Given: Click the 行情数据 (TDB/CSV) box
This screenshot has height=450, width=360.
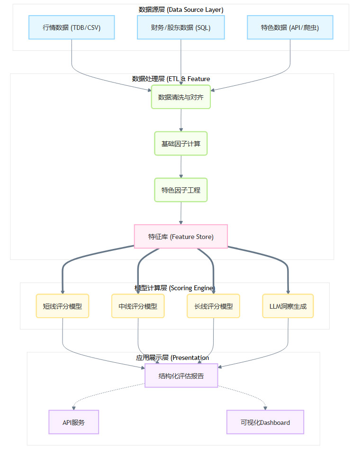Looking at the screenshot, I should (72, 28).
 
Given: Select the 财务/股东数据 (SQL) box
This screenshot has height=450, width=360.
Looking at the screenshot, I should (181, 28).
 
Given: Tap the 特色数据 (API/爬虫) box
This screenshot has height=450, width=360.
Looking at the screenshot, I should (290, 28).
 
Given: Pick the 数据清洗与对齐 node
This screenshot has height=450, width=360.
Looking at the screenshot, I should (181, 97).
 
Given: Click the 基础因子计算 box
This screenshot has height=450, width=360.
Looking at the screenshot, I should (181, 143).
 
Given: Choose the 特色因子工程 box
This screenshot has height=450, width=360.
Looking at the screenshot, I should (181, 190).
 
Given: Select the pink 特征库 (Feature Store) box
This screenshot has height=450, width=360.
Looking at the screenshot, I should (181, 236).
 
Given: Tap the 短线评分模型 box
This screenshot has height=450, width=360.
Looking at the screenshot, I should (63, 306).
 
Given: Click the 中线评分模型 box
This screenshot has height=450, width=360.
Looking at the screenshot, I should (138, 306).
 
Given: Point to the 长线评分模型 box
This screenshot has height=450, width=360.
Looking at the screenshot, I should (214, 306).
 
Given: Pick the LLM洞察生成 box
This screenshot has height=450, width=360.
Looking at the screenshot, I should (288, 306).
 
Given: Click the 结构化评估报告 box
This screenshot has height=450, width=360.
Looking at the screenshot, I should (181, 376).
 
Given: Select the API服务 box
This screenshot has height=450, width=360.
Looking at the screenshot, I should (73, 422).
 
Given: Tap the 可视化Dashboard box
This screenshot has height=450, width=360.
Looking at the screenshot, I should (265, 422).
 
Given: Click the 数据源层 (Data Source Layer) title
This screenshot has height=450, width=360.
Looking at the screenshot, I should (181, 9).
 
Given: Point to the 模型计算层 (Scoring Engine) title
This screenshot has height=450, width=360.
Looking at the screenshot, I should (175, 288).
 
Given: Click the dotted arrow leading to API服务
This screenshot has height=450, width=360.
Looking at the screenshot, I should (95, 394).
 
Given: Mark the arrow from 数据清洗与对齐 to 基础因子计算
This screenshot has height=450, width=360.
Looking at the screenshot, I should (181, 120).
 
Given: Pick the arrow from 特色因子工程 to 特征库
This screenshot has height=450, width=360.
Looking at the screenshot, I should (181, 213).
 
